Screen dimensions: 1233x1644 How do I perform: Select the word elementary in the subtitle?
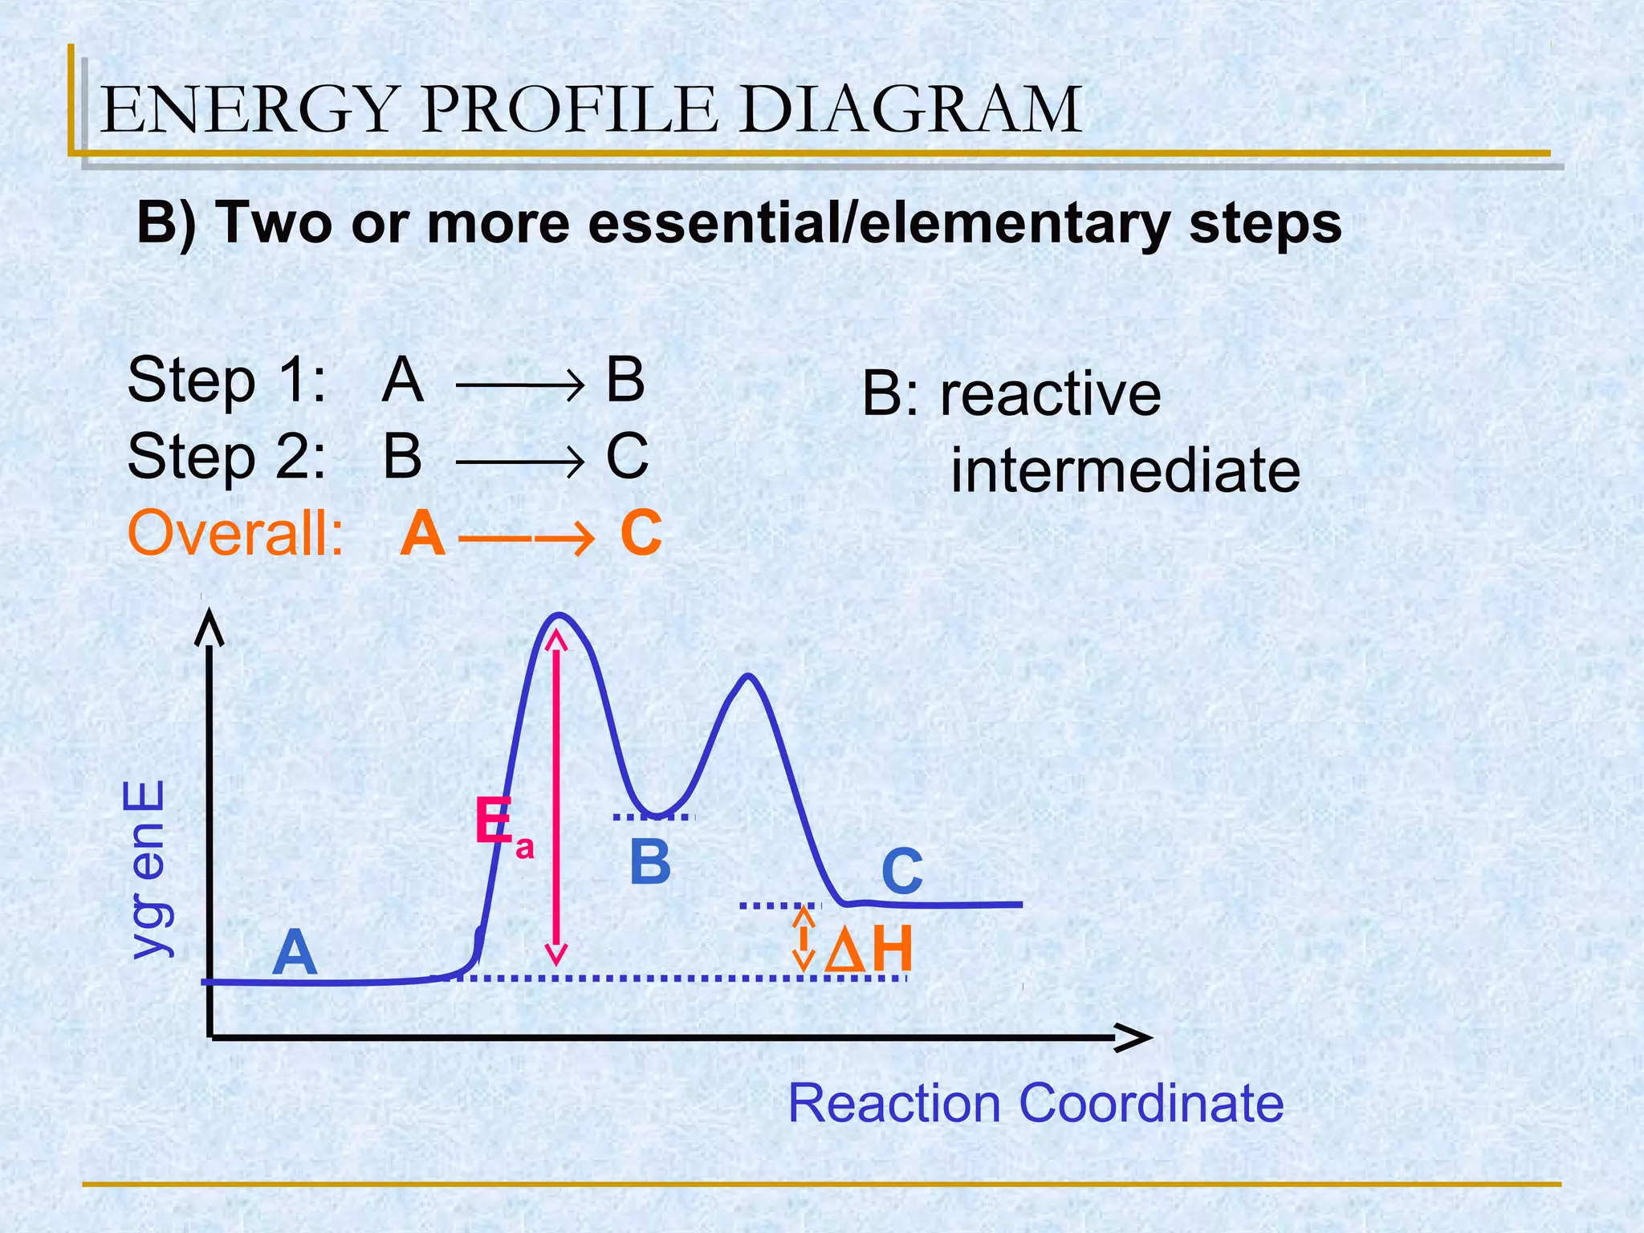(1013, 222)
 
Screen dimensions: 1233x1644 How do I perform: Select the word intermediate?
(1125, 471)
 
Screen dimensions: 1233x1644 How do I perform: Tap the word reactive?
(1050, 394)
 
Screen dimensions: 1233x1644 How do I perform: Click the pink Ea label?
(502, 827)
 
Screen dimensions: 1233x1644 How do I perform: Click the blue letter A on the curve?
(294, 954)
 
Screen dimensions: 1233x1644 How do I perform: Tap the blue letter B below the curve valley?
(649, 863)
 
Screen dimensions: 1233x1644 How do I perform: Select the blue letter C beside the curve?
(901, 873)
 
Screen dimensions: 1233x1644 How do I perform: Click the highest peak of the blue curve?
(559, 616)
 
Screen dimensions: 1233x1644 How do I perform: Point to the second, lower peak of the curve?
(748, 676)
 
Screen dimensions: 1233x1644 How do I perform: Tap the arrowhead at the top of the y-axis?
(210, 625)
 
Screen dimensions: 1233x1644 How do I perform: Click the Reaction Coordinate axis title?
(1036, 1104)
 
